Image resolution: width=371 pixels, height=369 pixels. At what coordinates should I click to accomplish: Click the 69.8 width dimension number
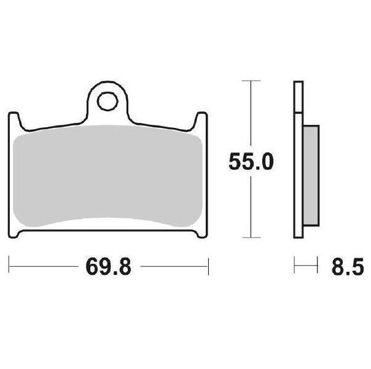click(108, 267)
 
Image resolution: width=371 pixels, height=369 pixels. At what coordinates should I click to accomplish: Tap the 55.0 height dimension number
click(251, 162)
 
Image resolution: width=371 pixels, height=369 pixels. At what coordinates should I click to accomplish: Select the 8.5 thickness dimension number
click(348, 267)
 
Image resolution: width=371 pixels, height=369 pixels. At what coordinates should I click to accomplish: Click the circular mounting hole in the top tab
click(107, 101)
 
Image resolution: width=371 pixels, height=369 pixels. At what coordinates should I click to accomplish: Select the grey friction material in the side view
click(311, 175)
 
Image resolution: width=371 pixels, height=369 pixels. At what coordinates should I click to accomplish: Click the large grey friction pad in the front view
click(107, 176)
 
